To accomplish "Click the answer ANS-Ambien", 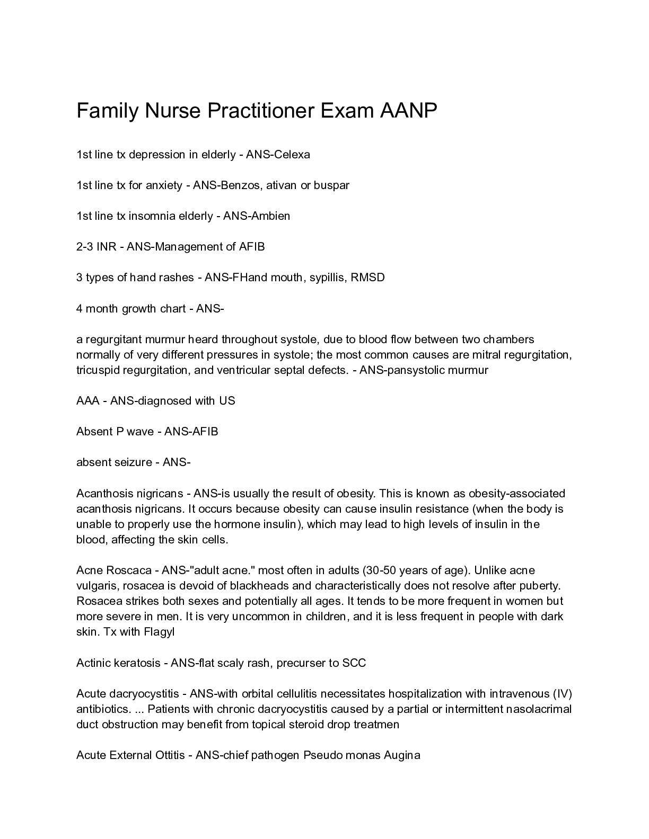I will click(x=257, y=216).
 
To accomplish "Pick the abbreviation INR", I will click(x=106, y=247).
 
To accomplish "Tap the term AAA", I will click(x=88, y=401).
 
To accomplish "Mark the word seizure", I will click(x=134, y=462).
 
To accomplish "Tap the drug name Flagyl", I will click(x=159, y=632).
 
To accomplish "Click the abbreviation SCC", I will click(x=354, y=663).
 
